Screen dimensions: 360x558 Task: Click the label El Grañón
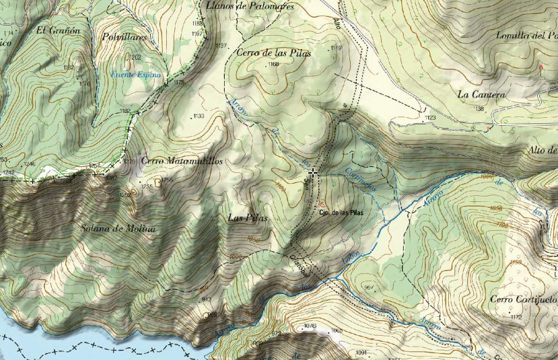[59, 30]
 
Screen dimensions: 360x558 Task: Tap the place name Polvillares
[125, 38]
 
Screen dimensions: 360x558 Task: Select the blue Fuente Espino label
[137, 75]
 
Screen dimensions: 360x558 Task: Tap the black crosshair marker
[313, 173]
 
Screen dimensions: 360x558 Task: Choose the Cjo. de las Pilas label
[341, 213]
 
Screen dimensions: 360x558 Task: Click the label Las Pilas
[248, 218]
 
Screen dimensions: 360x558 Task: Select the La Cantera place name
[481, 95]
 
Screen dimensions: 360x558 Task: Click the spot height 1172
[517, 317]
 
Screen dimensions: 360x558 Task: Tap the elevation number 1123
[431, 118]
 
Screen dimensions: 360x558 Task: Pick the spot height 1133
[198, 116]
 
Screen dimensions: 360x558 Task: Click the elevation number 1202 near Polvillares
[136, 58]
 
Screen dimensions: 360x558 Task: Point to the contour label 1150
[516, 262]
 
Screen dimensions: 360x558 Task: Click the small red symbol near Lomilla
[540, 67]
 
